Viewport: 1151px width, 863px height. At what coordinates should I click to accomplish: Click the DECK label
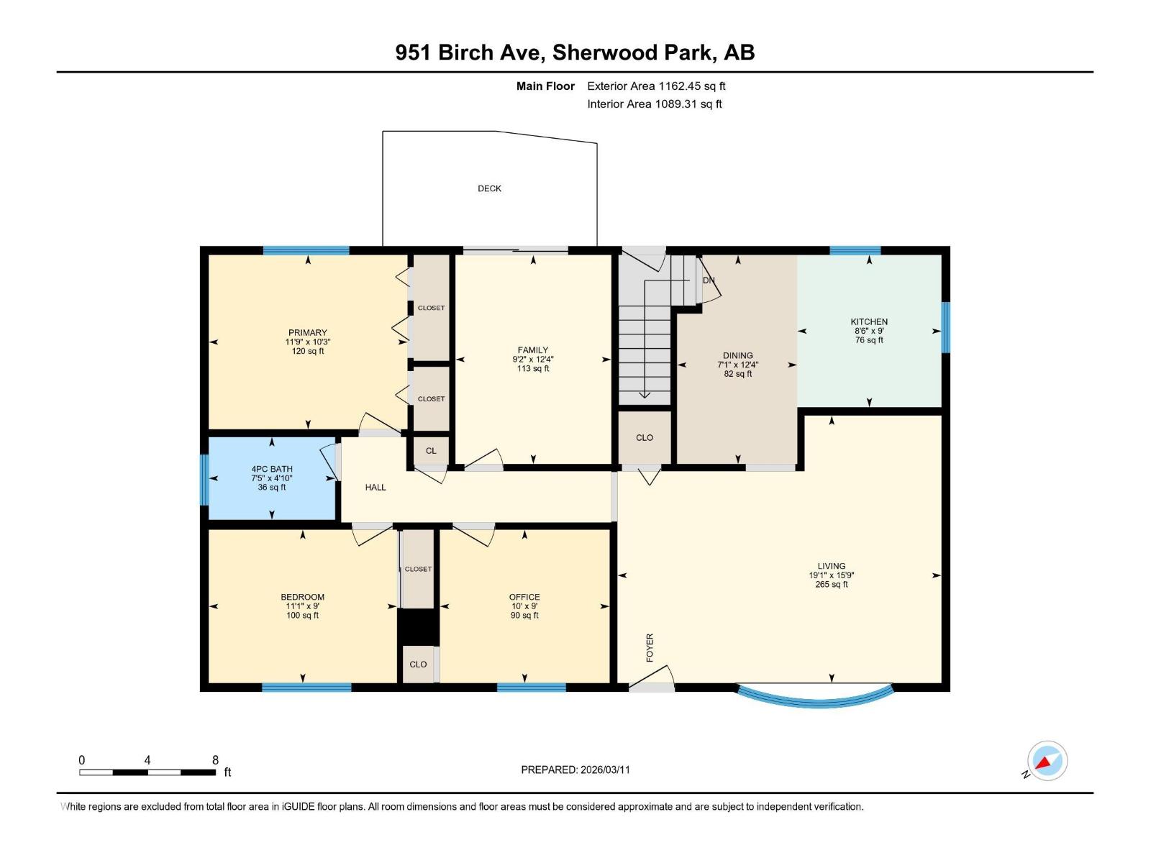pos(489,188)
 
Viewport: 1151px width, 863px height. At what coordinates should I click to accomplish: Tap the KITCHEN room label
pos(869,321)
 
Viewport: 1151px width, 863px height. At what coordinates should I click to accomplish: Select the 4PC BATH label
pos(272,469)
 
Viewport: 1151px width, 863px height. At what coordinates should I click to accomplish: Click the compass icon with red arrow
pos(1047,761)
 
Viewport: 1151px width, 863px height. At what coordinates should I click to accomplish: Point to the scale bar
pos(147,772)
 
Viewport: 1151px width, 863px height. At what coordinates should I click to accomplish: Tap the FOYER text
pos(650,647)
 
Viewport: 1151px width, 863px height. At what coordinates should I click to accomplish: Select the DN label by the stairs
pos(709,280)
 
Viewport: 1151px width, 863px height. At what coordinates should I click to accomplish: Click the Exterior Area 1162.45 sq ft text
pos(656,86)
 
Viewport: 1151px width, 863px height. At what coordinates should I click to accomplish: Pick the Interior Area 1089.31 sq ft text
pos(654,104)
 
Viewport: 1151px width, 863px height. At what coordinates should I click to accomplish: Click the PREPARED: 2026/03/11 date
pos(575,770)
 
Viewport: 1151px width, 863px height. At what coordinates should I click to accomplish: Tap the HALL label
pos(376,487)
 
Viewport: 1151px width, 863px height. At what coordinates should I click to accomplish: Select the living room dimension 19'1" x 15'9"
pos(831,575)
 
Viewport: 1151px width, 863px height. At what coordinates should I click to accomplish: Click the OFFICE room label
pos(524,597)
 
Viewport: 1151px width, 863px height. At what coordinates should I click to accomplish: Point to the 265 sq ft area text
pos(831,585)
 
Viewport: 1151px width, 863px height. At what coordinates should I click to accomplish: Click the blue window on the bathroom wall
pos(204,479)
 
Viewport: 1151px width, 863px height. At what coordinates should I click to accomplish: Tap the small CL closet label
pos(431,451)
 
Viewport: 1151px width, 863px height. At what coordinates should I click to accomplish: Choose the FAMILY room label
pos(532,350)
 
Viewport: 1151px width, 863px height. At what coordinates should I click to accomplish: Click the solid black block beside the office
pos(418,626)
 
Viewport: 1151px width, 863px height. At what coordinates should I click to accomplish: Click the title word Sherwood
pos(605,52)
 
